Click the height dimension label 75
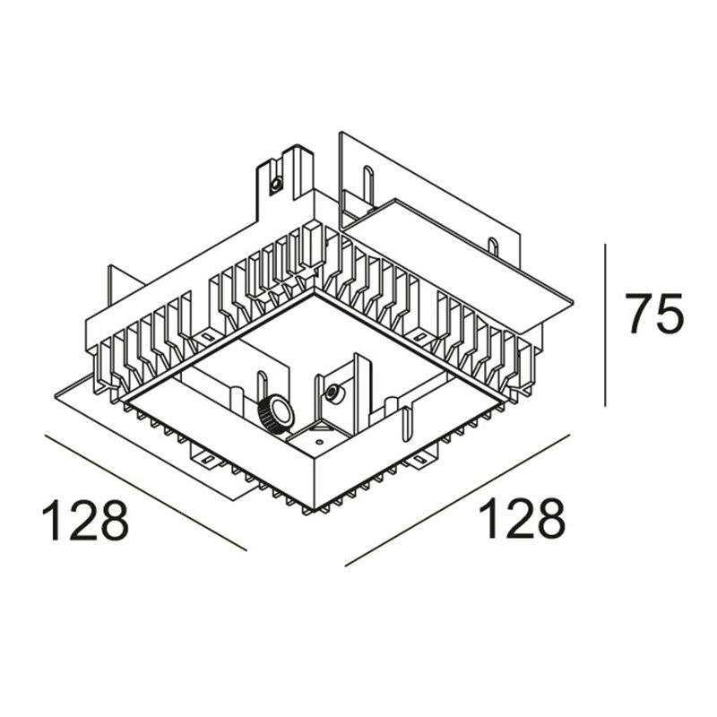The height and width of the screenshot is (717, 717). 656,313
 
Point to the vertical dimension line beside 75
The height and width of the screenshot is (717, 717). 605,324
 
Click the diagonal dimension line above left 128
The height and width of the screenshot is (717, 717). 146,492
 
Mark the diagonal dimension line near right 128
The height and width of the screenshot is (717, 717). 457,500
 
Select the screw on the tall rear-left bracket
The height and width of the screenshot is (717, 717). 276,185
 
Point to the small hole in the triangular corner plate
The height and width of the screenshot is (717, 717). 320,442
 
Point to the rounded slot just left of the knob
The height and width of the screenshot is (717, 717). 262,389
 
